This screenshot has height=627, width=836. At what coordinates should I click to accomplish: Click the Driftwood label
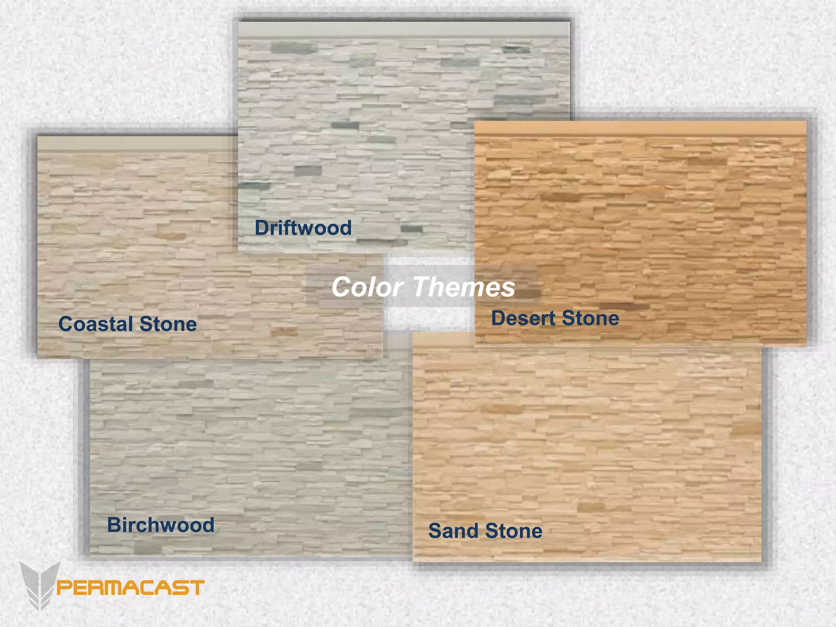click(x=303, y=228)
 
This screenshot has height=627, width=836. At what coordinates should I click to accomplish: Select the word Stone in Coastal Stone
click(x=168, y=324)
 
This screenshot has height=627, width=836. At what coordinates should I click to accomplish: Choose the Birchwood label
click(x=160, y=525)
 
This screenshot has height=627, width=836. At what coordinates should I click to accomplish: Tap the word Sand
click(x=453, y=531)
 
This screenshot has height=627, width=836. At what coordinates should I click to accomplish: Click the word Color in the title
click(x=367, y=287)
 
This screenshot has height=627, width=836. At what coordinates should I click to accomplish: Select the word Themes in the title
click(x=465, y=287)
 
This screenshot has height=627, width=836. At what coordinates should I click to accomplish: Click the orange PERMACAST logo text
click(x=130, y=588)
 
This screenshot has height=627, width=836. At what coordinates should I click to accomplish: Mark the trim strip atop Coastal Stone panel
click(x=137, y=143)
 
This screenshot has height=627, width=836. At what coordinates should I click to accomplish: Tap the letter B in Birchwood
click(x=114, y=525)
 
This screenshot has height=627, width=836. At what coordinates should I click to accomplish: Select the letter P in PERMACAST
click(x=64, y=588)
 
